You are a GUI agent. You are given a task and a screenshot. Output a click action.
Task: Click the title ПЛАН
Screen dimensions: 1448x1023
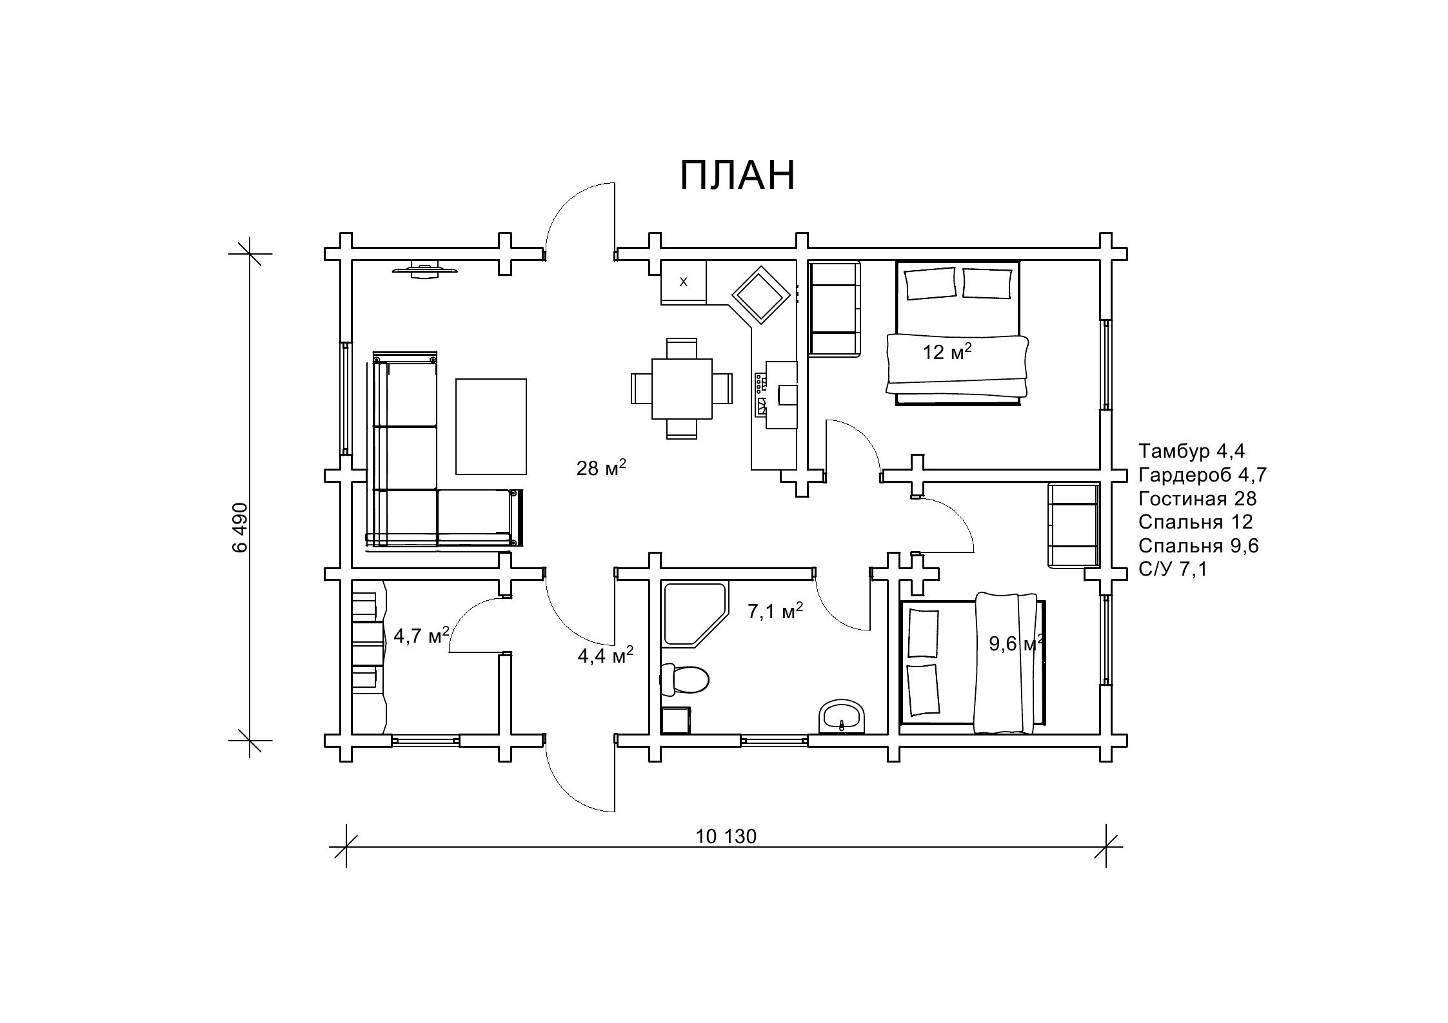click(738, 175)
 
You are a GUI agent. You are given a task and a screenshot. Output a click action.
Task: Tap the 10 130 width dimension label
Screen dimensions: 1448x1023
click(726, 837)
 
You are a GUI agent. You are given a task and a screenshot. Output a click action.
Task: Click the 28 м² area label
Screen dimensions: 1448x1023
click(601, 467)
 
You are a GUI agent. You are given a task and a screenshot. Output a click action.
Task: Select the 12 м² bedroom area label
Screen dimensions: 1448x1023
click(947, 351)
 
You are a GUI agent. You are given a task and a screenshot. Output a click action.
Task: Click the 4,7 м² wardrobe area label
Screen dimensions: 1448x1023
click(421, 635)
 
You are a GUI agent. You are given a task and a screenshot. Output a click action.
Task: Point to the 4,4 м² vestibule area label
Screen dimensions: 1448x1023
click(605, 656)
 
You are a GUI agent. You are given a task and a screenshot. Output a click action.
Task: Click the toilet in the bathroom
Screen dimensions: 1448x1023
click(684, 679)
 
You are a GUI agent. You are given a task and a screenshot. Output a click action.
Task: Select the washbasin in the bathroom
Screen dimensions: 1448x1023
click(842, 716)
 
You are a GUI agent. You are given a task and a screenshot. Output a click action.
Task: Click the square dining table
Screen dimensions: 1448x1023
click(682, 389)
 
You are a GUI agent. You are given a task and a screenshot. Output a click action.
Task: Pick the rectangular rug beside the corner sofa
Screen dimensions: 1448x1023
click(491, 427)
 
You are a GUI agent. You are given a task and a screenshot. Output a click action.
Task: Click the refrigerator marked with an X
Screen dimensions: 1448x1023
click(684, 282)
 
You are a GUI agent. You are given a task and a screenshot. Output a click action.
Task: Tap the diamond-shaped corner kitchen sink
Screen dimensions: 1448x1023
click(760, 295)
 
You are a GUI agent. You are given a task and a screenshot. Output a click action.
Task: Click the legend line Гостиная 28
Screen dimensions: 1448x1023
click(1197, 499)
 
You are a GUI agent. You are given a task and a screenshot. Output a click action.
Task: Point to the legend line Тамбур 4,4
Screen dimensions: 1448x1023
click(1191, 451)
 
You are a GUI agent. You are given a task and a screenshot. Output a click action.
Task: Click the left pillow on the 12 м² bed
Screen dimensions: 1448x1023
click(930, 284)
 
